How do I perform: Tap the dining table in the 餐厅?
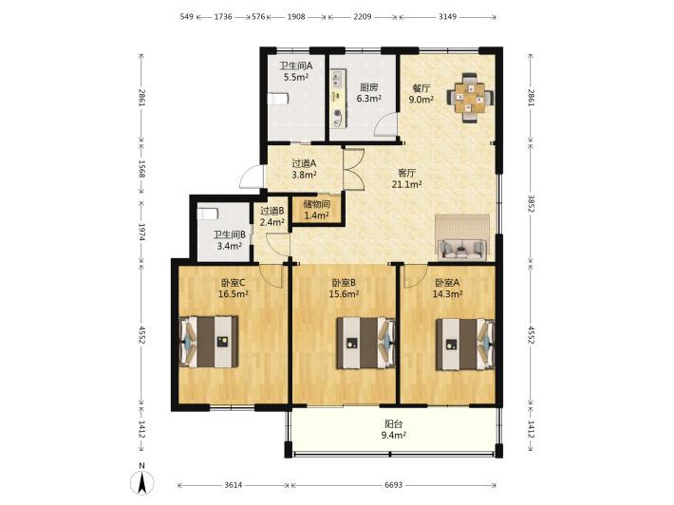470,98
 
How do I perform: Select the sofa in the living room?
462,248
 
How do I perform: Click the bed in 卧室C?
209,342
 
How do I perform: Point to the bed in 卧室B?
365,343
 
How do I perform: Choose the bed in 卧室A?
465,344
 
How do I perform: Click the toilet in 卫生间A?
278,100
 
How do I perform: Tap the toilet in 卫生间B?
208,214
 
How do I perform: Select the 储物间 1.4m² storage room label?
317,209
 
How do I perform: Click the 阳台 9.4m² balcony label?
393,429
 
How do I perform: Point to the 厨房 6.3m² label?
369,93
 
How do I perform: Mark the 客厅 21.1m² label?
406,178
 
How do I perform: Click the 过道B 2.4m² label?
272,216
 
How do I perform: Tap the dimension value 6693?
393,485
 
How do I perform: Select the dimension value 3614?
234,485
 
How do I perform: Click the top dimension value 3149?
447,17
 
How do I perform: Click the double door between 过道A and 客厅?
354,169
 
